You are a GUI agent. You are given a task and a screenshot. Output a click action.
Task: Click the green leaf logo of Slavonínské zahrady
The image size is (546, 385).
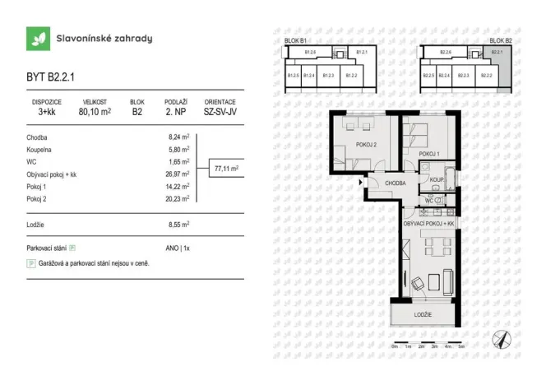[x=37, y=38]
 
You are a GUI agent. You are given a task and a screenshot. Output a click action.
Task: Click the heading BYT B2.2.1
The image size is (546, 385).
[x=52, y=79]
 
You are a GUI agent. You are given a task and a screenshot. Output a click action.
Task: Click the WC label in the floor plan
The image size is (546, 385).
[x=429, y=200]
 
